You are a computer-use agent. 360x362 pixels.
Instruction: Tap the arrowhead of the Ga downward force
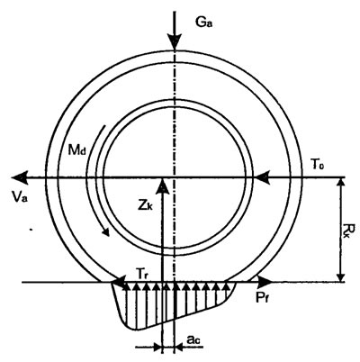[175, 43]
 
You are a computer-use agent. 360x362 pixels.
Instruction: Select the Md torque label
[76, 150]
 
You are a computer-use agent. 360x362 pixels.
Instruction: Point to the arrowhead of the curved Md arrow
[105, 231]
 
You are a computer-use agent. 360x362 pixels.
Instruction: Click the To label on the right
[319, 164]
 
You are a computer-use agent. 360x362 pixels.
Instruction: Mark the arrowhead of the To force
[262, 178]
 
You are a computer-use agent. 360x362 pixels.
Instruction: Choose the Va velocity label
[20, 197]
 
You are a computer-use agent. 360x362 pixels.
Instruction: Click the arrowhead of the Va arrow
[20, 177]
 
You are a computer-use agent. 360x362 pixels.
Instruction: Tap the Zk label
[146, 205]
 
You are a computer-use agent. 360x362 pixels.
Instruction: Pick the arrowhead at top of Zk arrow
[162, 186]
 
